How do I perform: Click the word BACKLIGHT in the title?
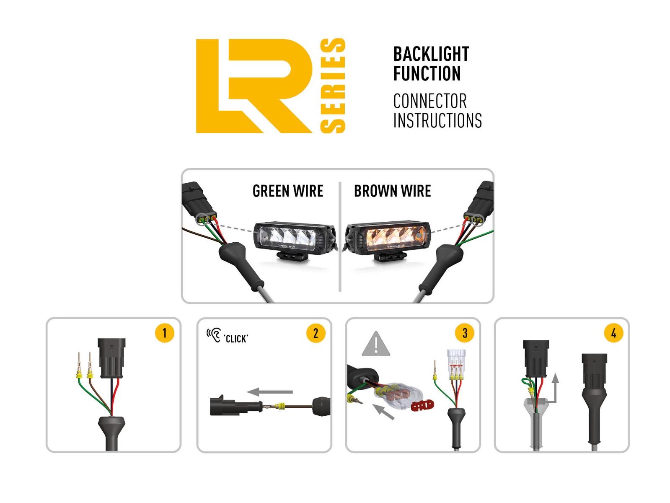431,54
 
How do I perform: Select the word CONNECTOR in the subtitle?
429,101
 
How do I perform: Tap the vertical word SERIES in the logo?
333,86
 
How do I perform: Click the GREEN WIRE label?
288,191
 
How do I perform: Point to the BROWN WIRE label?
392,191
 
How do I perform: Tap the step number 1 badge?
164,333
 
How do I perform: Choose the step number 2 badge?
316,333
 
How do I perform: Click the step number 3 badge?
464,333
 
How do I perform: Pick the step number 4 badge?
613,333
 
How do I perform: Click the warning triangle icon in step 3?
376,345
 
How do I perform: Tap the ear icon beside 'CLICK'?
213,336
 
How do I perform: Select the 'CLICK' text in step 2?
236,339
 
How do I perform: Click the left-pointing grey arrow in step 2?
269,392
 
